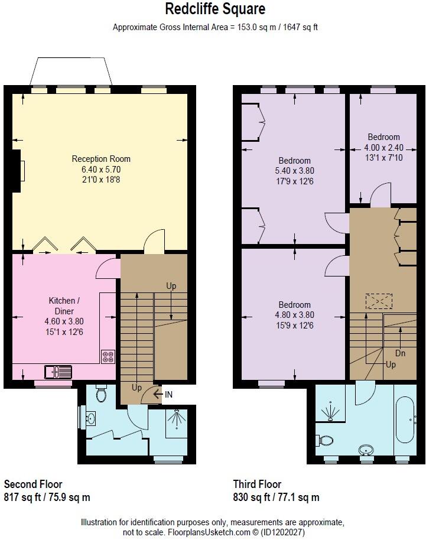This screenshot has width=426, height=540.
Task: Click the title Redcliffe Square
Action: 215,9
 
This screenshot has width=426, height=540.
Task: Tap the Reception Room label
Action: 101,159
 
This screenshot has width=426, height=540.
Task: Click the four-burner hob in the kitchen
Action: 108,356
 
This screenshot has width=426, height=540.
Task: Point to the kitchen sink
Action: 58,372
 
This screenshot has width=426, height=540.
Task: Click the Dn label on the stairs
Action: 401,353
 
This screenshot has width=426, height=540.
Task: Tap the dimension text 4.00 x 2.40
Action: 383,148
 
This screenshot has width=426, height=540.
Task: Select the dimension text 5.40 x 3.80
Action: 295,171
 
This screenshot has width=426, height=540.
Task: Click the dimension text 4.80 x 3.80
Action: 295,315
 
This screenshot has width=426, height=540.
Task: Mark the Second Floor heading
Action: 33,484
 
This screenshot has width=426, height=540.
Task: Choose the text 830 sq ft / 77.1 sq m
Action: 276,497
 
